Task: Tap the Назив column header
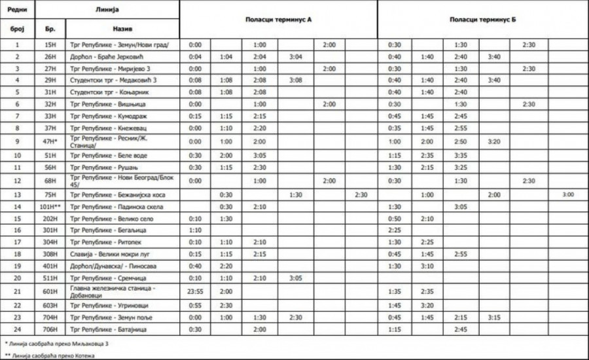[122, 30]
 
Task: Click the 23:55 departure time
[195, 289]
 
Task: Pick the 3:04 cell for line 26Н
[296, 56]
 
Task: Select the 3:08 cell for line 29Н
[296, 80]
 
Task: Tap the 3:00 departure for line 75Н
[567, 194]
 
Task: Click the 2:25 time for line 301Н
[394, 230]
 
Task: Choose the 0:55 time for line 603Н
[195, 305]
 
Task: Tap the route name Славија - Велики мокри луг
[115, 253]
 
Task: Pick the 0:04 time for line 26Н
[195, 56]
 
